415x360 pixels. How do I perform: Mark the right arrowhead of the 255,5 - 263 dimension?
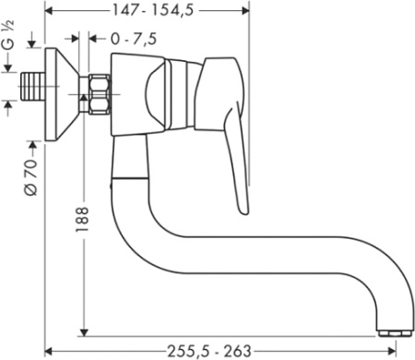coord(401,350)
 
